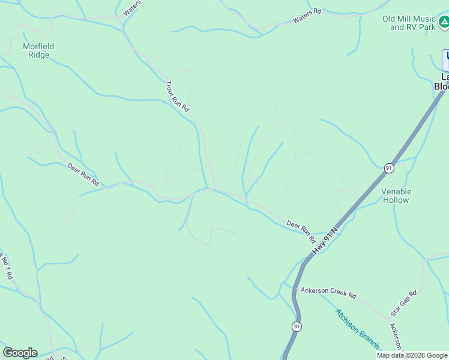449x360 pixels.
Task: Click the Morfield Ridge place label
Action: [x=38, y=50]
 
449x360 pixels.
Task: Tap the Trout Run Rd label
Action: [x=177, y=96]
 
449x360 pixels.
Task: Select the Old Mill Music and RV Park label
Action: [x=409, y=23]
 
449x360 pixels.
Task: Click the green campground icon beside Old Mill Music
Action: [x=444, y=23]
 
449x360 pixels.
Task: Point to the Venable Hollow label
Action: [x=397, y=196]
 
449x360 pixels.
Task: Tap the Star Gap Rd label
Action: [x=403, y=303]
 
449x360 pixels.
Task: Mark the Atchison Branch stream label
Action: [x=357, y=328]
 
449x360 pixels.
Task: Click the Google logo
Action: [x=20, y=353]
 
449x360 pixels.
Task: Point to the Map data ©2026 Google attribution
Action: [x=412, y=356]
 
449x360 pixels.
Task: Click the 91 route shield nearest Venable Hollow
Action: [x=389, y=168]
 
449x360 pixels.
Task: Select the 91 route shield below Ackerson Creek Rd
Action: [x=297, y=326]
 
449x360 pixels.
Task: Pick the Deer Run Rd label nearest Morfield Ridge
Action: [x=82, y=174]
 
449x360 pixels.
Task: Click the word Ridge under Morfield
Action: [x=38, y=55]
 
